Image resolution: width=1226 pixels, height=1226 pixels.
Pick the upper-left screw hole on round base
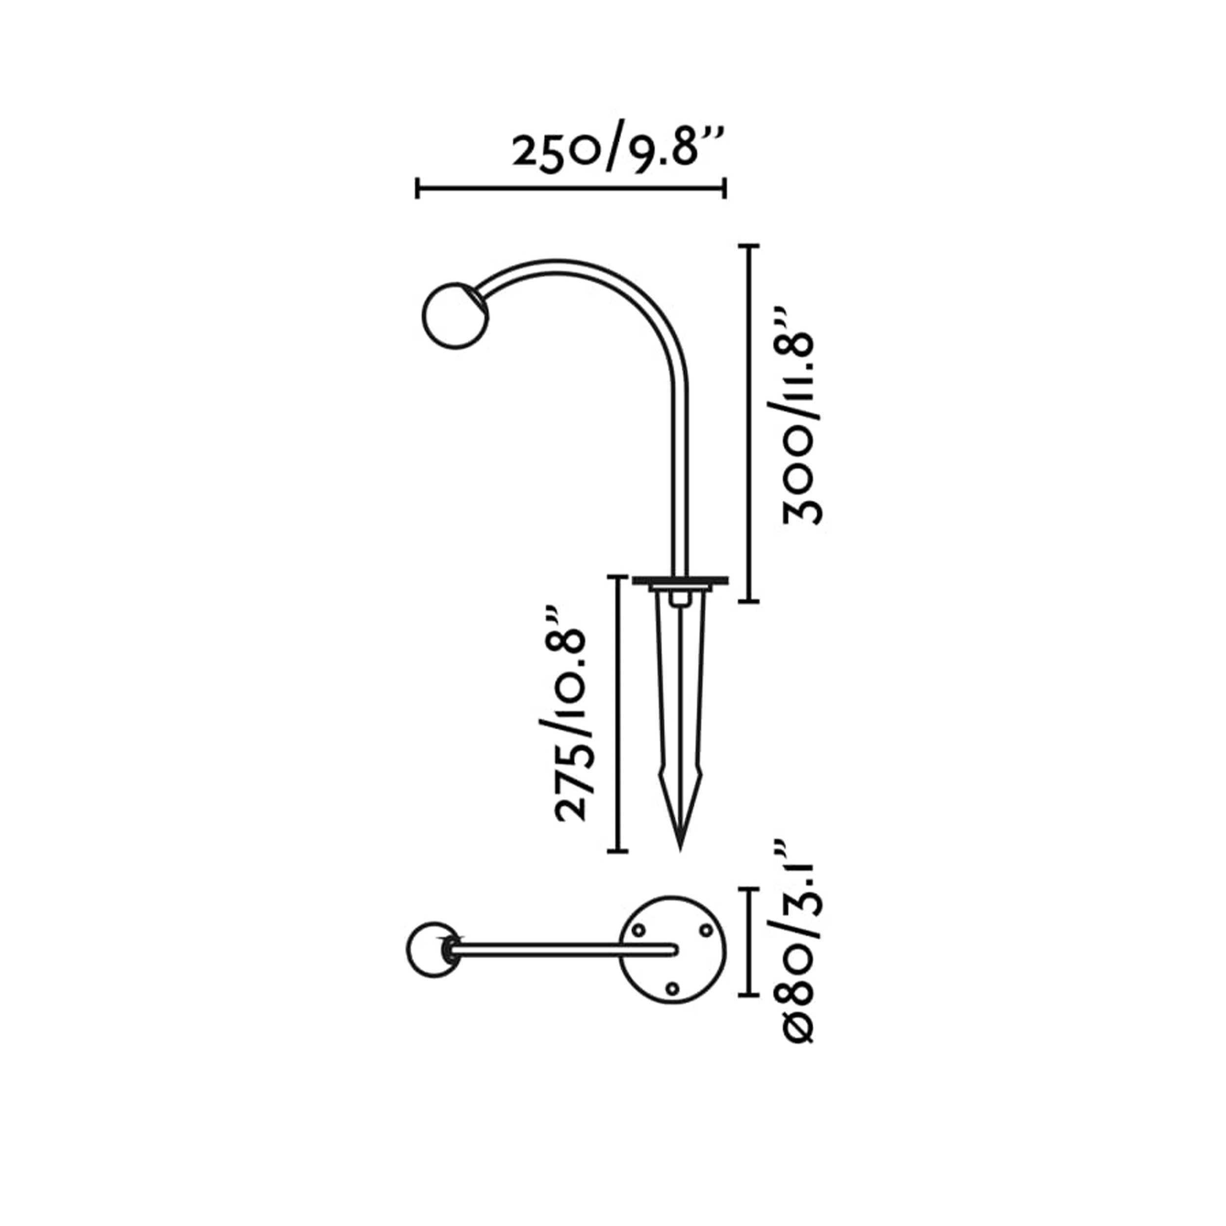(639, 930)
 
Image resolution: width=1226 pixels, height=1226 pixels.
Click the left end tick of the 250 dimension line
(417, 188)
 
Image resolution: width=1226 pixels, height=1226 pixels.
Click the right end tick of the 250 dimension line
(725, 188)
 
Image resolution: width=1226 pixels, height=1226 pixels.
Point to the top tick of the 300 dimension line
(749, 245)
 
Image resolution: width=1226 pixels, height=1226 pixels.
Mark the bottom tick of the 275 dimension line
(617, 851)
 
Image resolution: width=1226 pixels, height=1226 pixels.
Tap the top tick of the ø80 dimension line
(750, 890)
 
